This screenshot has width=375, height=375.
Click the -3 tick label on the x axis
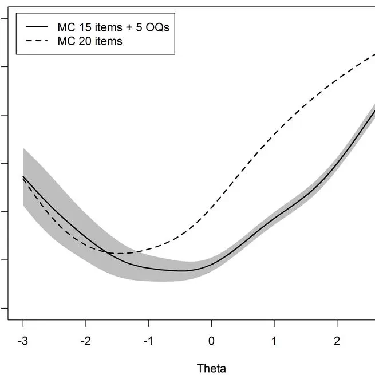coord(23,341)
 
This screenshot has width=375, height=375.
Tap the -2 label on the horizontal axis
coord(85,341)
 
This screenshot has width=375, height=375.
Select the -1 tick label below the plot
coord(148,341)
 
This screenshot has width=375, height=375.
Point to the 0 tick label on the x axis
coord(211,341)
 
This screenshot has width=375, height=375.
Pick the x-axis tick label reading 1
coord(274,341)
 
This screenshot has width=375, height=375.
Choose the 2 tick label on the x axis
coord(337,341)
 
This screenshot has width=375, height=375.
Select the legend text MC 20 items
coord(90,41)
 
